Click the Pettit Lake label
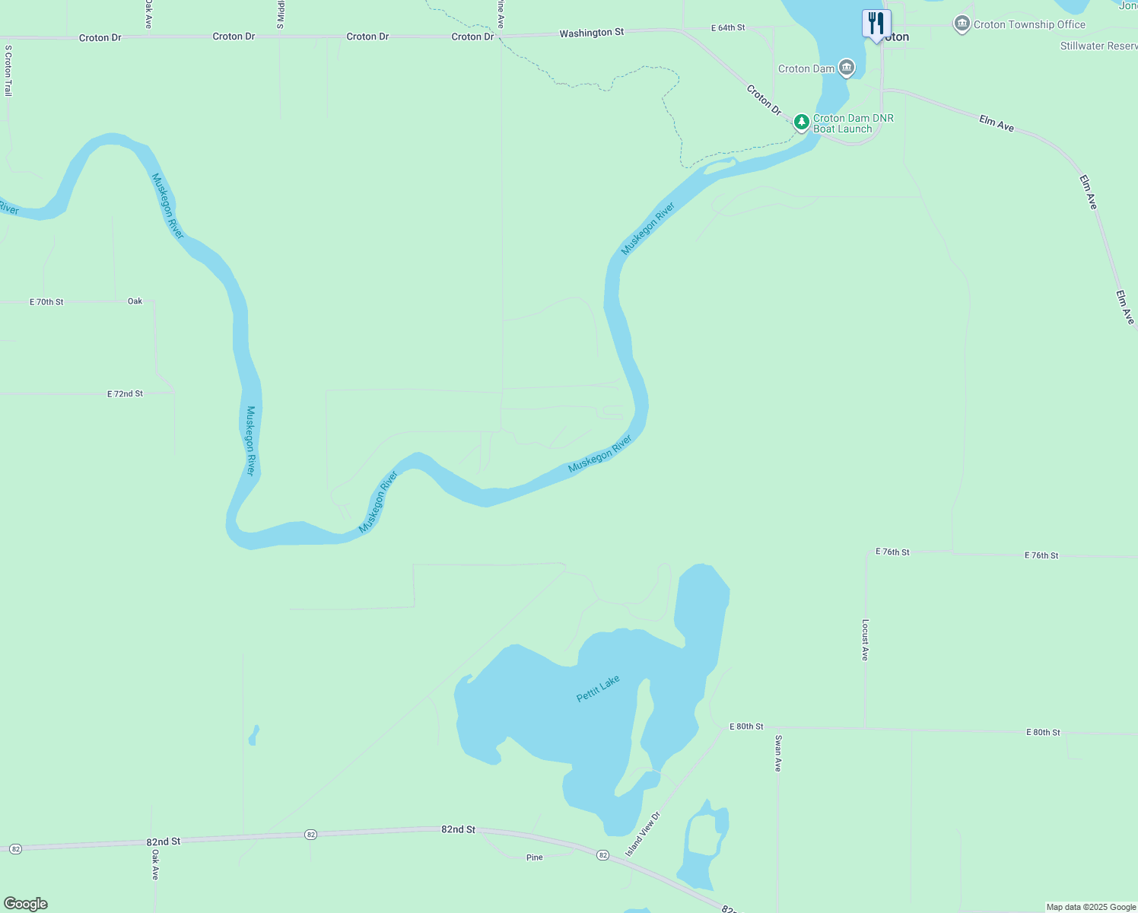(x=598, y=689)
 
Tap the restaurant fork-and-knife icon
(x=876, y=24)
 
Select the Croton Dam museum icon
(x=847, y=68)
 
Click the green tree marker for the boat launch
(x=801, y=122)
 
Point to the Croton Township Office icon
(x=962, y=24)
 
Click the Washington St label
(x=591, y=33)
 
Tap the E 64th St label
(x=728, y=28)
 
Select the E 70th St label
(x=46, y=302)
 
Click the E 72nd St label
(x=125, y=394)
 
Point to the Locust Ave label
(x=865, y=639)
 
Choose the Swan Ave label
(x=777, y=753)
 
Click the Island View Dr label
(x=643, y=835)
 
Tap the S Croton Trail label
(x=8, y=70)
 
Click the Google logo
(x=26, y=904)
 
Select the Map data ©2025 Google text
(x=1091, y=907)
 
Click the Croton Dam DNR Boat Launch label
(x=853, y=123)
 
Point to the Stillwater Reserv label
(x=1098, y=46)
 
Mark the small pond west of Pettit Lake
(x=254, y=735)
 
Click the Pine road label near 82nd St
(x=535, y=857)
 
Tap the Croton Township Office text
(x=1029, y=24)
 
